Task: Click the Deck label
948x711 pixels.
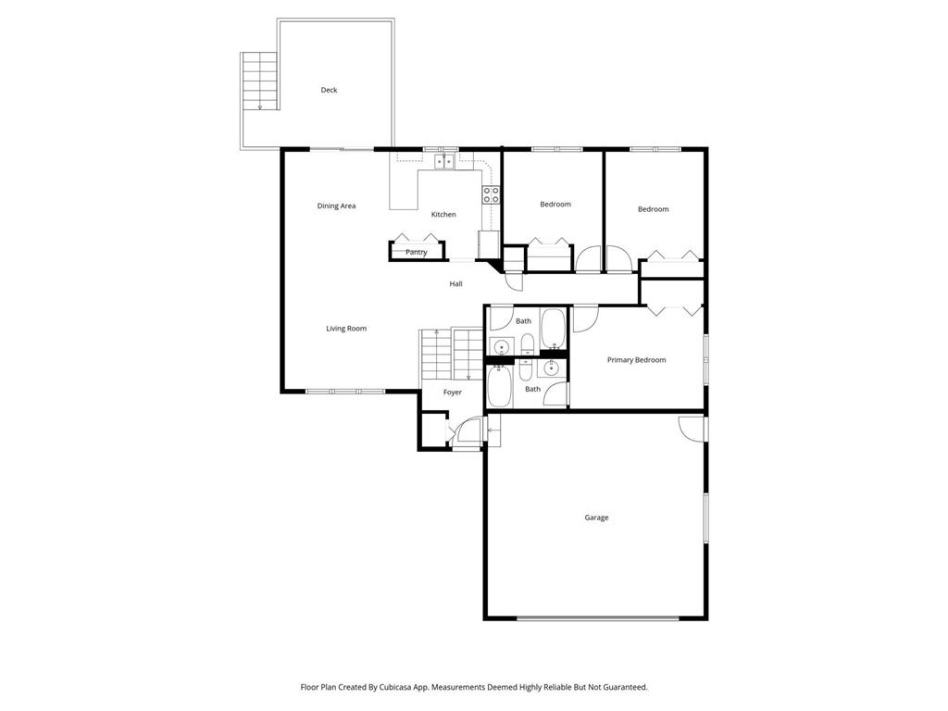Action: click(x=329, y=90)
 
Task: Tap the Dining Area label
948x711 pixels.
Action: click(x=336, y=206)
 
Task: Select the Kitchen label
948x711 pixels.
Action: click(x=443, y=214)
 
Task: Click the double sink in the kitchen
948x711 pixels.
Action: click(x=444, y=161)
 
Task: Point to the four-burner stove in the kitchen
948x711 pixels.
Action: click(x=491, y=194)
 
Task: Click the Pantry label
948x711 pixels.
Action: click(x=416, y=252)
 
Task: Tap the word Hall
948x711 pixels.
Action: click(x=455, y=284)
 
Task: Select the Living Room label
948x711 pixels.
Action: click(x=346, y=329)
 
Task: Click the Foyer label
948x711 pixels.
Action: click(x=452, y=393)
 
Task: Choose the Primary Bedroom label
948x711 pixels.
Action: click(x=636, y=360)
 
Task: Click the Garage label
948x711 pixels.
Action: click(x=596, y=518)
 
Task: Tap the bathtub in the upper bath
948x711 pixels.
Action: click(x=554, y=329)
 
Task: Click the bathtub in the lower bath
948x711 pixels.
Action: click(x=499, y=387)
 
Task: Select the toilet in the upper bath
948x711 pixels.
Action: click(x=527, y=344)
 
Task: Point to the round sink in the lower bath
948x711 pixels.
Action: click(x=552, y=368)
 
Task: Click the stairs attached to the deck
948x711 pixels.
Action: click(x=259, y=81)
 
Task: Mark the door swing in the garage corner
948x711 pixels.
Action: click(x=690, y=427)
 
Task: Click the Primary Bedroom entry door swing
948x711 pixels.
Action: click(x=584, y=318)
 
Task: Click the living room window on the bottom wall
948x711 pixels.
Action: click(x=345, y=392)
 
